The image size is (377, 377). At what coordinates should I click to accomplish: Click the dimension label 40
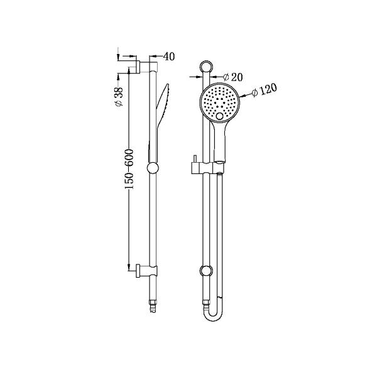(x=168, y=57)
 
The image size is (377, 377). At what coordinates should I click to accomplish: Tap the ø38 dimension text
(x=119, y=95)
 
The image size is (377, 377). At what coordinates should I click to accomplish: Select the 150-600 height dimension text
(x=129, y=170)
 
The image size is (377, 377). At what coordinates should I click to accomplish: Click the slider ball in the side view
(x=153, y=168)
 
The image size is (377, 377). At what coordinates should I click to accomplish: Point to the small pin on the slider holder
(x=195, y=159)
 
